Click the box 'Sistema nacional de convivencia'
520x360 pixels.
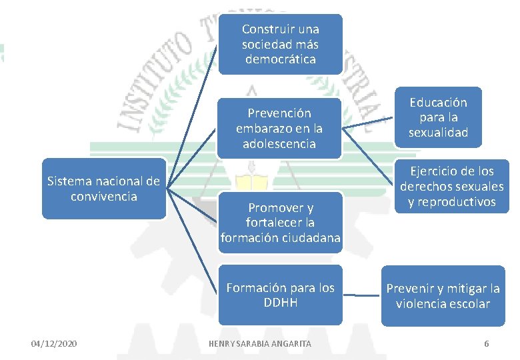[103, 188]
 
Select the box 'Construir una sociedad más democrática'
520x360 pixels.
[281, 44]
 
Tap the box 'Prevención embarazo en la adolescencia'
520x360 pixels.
[279, 128]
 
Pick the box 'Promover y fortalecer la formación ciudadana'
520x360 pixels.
[281, 223]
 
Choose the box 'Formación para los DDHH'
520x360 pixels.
[281, 295]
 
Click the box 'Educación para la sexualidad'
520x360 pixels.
[438, 117]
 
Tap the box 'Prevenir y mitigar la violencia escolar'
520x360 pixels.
[443, 296]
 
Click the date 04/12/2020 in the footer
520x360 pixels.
[54, 343]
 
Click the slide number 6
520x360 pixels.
[486, 343]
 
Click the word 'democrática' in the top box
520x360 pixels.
[281, 60]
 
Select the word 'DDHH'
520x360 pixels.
[281, 303]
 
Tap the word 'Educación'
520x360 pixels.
[438, 103]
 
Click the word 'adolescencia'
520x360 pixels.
[280, 144]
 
